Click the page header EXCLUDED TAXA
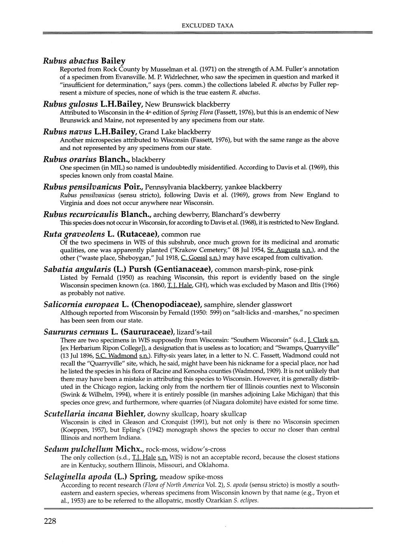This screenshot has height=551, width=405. [x=208, y=25]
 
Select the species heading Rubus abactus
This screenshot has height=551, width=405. [x=71, y=61]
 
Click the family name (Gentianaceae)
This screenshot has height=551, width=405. [x=182, y=269]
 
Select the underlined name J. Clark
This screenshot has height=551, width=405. [x=318, y=340]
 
